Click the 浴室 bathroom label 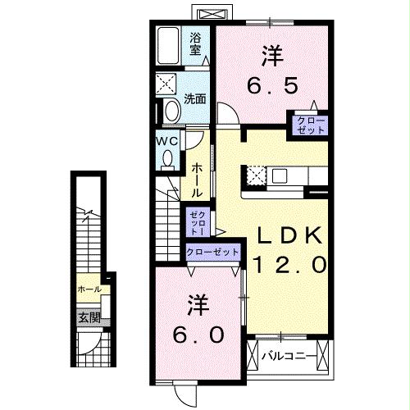pos(196,43)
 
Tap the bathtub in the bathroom pos(171,46)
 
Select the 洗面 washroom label pos(195,99)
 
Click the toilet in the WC pos(168,159)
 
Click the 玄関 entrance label pos(88,317)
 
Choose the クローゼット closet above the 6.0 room pos(212,253)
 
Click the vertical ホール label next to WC pos(198,178)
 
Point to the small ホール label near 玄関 pos(89,289)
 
